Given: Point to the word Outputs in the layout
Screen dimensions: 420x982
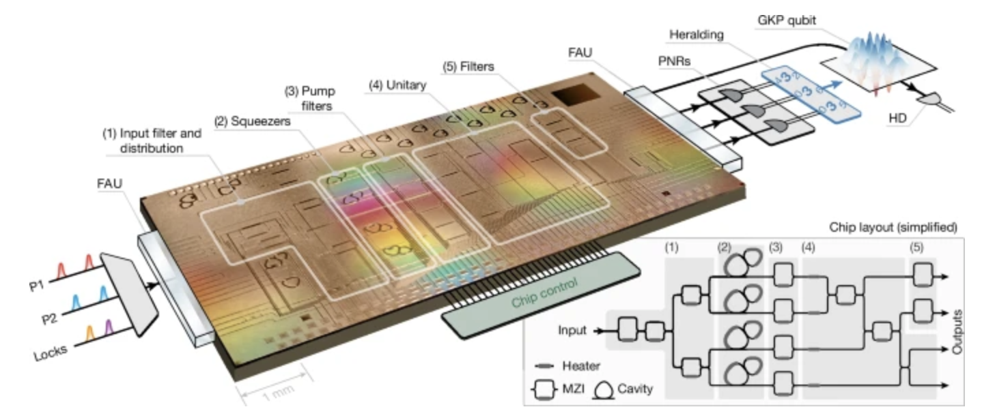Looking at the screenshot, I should [x=959, y=332].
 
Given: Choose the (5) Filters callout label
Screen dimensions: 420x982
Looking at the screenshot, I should [x=469, y=66].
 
